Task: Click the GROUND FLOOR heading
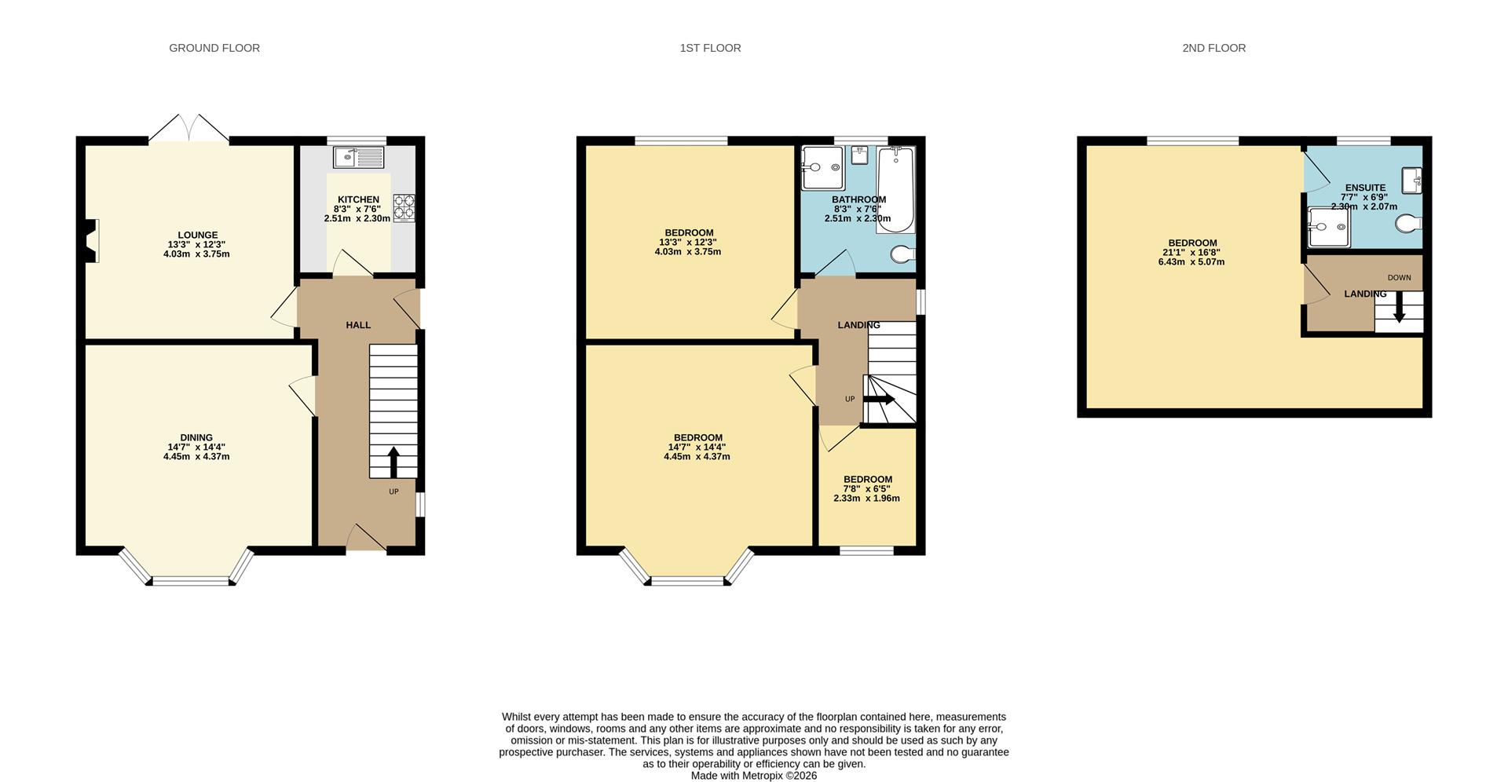pyautogui.click(x=214, y=48)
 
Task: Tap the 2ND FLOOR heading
pyautogui.click(x=1213, y=48)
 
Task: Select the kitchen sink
pyautogui.click(x=358, y=157)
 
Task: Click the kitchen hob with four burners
pyautogui.click(x=404, y=206)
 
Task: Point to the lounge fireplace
pyautogui.click(x=91, y=240)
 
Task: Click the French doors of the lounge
pyautogui.click(x=188, y=129)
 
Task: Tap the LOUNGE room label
pyautogui.click(x=198, y=235)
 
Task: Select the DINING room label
pyautogui.click(x=196, y=438)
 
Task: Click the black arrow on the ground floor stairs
pyautogui.click(x=393, y=462)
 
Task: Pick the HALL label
pyautogui.click(x=358, y=325)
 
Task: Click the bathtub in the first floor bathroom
pyautogui.click(x=895, y=190)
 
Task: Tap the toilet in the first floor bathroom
pyautogui.click(x=903, y=254)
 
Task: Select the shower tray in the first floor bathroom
pyautogui.click(x=822, y=168)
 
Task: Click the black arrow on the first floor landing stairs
pyautogui.click(x=879, y=400)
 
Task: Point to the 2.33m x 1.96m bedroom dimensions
pyautogui.click(x=866, y=499)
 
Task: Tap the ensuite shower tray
pyautogui.click(x=1329, y=227)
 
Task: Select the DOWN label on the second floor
pyautogui.click(x=1399, y=278)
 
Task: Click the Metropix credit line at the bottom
pyautogui.click(x=754, y=776)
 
